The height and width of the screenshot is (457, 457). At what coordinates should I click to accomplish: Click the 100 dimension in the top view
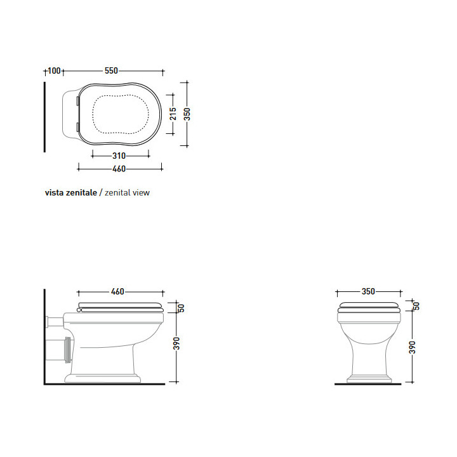[x=54, y=71]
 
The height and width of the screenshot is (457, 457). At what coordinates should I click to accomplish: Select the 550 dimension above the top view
[x=111, y=71]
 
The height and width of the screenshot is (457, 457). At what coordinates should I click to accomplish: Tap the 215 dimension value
[x=173, y=114]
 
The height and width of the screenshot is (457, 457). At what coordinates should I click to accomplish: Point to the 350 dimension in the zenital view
[x=187, y=114]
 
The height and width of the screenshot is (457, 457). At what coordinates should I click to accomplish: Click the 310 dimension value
[x=119, y=155]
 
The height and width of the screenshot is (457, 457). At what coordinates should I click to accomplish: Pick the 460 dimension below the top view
[x=119, y=169]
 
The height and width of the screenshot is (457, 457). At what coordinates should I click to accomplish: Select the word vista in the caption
[x=53, y=192]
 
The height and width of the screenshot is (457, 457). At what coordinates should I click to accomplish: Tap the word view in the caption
[x=141, y=192]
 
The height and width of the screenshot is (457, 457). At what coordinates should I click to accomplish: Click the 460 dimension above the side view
[x=117, y=292]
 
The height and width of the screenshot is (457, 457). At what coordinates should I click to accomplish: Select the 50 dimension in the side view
[x=180, y=308]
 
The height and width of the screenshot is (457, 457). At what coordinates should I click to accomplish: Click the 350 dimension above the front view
[x=368, y=292]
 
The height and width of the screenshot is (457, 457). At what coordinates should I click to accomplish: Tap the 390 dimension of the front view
[x=413, y=347]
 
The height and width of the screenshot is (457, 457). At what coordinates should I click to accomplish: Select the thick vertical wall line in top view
[x=44, y=117]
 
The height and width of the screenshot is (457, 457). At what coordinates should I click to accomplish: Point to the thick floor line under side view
[x=105, y=384]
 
